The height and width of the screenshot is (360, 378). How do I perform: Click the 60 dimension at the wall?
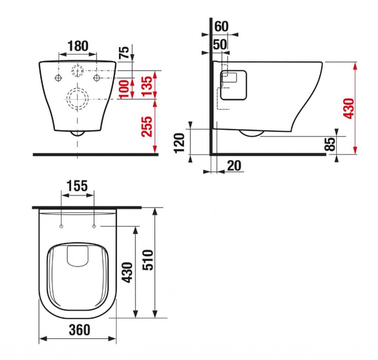click(221, 26)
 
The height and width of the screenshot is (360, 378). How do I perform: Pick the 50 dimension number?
click(220, 44)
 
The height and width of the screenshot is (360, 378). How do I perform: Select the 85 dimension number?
click(331, 144)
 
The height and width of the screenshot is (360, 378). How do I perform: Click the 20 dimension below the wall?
click(234, 166)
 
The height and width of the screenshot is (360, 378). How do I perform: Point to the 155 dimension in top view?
click(77, 186)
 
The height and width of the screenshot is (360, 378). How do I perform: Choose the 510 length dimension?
click(148, 260)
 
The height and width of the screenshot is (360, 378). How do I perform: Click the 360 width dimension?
click(79, 330)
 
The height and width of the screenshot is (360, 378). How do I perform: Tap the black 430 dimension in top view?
click(127, 272)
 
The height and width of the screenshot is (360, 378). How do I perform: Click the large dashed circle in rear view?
click(77, 98)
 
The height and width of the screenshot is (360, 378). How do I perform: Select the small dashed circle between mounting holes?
click(78, 71)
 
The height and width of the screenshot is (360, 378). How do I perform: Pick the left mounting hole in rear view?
click(58, 78)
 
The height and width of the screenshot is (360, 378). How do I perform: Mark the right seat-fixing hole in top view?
click(94, 226)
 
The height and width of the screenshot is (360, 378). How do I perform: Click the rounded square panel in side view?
click(233, 85)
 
